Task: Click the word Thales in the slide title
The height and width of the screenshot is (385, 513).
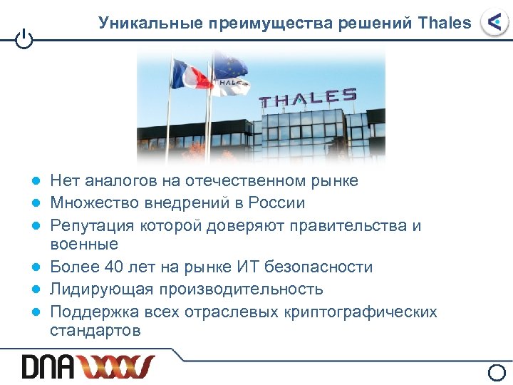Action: pos(445,23)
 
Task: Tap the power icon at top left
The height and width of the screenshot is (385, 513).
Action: pos(24,40)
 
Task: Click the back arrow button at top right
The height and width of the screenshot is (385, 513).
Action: pos(494,23)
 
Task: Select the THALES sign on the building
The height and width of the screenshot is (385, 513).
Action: pos(308,98)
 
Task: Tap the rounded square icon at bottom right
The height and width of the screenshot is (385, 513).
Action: pos(498,372)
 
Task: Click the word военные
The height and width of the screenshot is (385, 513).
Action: pos(84,245)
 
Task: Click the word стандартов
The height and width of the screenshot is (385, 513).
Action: pos(95,331)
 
